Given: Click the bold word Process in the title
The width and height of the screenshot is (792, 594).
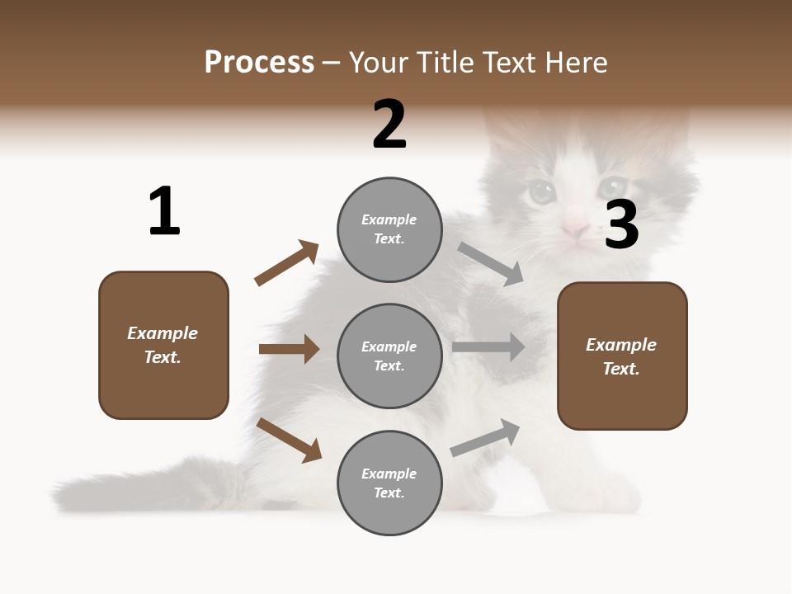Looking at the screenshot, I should (x=259, y=62).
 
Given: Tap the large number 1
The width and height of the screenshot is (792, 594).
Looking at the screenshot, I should (x=164, y=211).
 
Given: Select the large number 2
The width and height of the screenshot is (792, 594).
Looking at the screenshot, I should (x=389, y=125).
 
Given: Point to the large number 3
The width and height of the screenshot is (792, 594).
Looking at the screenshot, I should (x=621, y=225).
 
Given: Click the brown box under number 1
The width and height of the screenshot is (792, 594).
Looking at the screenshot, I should (x=163, y=345).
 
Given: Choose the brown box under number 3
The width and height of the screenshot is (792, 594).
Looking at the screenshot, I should (x=622, y=356).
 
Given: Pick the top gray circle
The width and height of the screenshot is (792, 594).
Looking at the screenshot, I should (x=389, y=229).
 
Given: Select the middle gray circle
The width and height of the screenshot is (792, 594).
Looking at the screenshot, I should (x=389, y=356).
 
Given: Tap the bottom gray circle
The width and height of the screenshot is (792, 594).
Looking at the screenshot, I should (x=389, y=483).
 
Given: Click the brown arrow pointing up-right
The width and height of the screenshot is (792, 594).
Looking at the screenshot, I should (x=286, y=263).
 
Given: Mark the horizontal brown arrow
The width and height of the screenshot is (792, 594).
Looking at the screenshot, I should (x=289, y=349).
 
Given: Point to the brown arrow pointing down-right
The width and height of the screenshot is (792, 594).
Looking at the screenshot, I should (x=289, y=440).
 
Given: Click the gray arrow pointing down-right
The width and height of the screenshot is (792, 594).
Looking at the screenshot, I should (x=490, y=263).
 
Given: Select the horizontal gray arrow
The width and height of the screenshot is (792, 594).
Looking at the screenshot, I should (x=488, y=347).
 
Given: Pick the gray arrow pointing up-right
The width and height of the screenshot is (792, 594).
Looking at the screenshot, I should (x=485, y=437).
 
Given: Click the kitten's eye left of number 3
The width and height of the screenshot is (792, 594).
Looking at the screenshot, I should (x=542, y=192).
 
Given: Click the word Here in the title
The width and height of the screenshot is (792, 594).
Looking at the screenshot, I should (x=575, y=62).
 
